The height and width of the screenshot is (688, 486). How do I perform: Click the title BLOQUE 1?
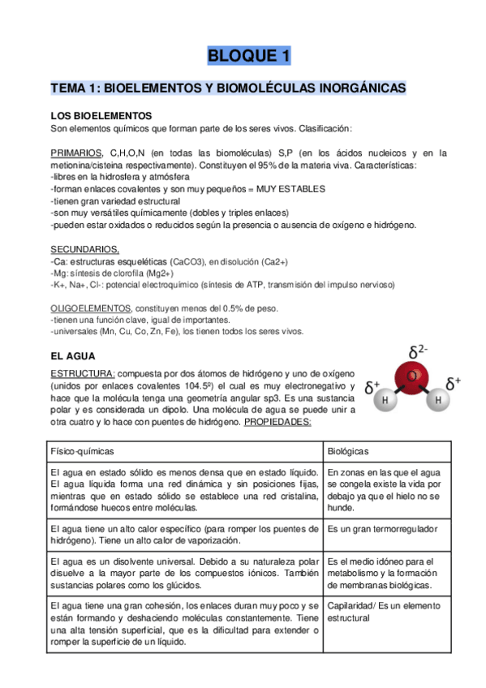click(x=248, y=56)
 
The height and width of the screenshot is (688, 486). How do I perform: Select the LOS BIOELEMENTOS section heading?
click(x=101, y=117)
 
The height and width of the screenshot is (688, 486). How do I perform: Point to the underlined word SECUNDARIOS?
click(x=84, y=249)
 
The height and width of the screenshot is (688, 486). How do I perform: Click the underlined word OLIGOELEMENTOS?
click(x=90, y=308)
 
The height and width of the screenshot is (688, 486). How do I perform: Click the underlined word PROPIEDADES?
click(x=278, y=423)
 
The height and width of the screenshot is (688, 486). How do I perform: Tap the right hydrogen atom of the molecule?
click(x=438, y=400)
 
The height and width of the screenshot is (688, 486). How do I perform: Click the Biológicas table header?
click(x=349, y=450)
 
